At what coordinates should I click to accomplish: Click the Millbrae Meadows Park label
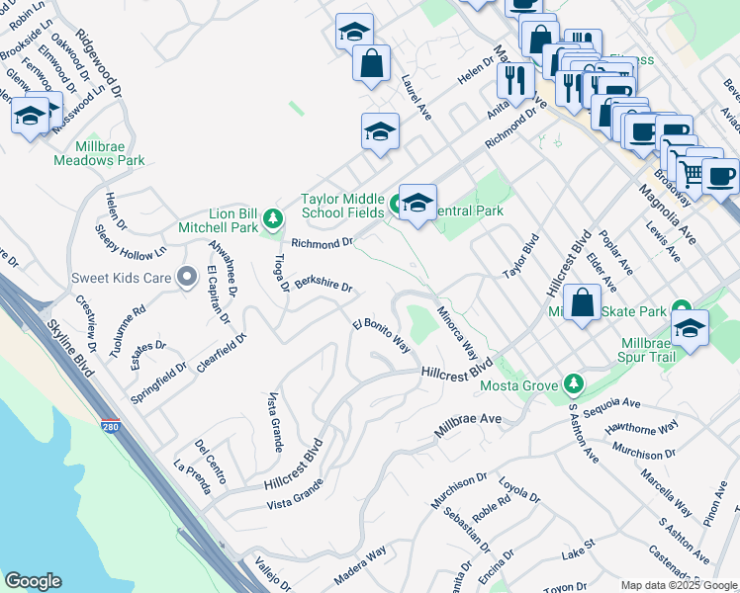99,152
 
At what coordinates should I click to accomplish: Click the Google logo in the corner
33,580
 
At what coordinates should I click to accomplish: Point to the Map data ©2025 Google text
679,585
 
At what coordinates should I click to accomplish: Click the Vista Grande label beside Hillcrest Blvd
296,492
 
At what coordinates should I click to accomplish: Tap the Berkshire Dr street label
324,285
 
